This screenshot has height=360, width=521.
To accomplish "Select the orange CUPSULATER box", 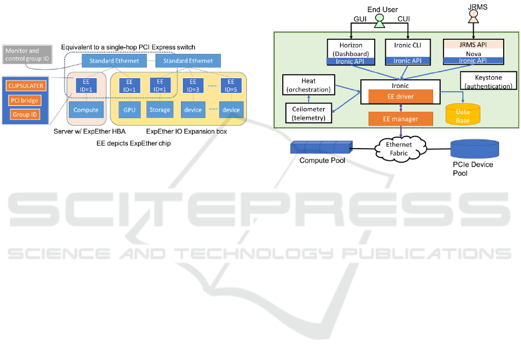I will [25, 86].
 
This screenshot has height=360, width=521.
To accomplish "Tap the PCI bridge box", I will [25, 101].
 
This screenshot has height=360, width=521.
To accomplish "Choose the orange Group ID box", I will [25, 115].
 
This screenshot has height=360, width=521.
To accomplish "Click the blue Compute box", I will [86, 109].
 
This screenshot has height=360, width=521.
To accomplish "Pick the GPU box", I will [128, 109].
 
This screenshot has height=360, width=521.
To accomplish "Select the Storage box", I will [159, 109].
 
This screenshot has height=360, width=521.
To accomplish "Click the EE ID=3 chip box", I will [193, 86].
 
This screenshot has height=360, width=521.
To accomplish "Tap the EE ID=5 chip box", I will [231, 86].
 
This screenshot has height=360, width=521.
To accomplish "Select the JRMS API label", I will [473, 44].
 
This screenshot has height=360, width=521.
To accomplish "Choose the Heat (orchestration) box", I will [308, 85].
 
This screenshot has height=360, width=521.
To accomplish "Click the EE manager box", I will [401, 119].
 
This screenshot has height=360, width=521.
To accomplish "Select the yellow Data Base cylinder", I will [463, 114].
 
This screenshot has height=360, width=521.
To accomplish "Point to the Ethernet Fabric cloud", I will [401, 148].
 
